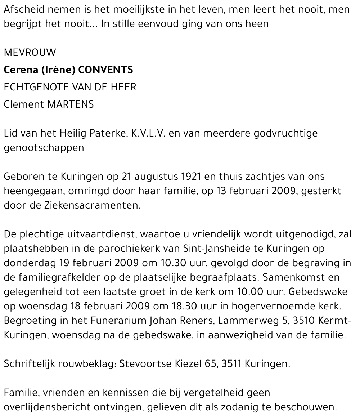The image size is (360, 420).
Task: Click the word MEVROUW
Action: pos(30,53)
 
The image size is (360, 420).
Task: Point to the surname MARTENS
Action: pos(70,104)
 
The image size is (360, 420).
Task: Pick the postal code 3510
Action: pos(301,321)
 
